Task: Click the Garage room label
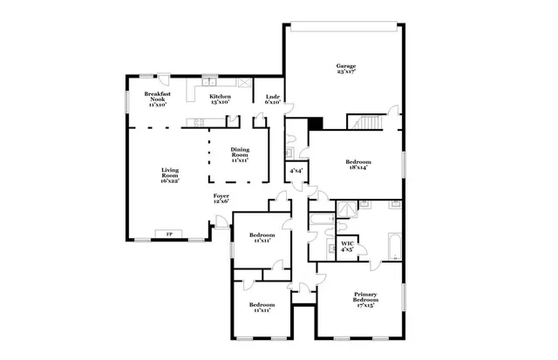tap(346, 66)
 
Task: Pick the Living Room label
tap(170, 173)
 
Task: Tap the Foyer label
tap(221, 196)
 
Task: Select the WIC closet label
tap(347, 243)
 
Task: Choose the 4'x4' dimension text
tap(296, 171)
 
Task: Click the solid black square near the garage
tap(316, 125)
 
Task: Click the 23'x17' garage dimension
tap(346, 73)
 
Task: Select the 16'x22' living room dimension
tap(170, 180)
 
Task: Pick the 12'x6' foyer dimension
tap(221, 202)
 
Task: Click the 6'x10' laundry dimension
tap(271, 102)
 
